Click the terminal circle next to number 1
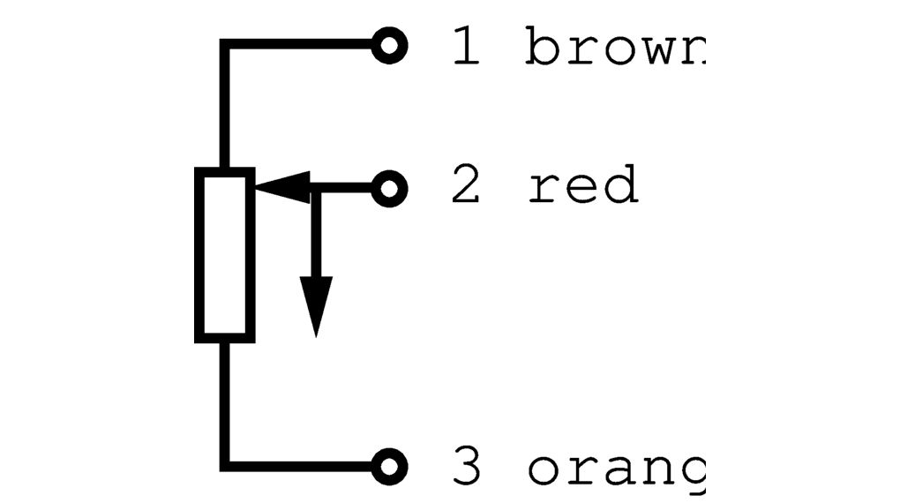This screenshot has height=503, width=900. click(x=389, y=45)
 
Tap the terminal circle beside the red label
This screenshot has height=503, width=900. click(x=389, y=188)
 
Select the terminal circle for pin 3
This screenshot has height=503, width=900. click(x=389, y=464)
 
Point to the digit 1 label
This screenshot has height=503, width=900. click(x=466, y=47)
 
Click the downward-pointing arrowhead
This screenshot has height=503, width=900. click(x=315, y=304)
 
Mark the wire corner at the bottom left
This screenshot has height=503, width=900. click(x=225, y=464)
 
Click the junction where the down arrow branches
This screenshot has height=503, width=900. click(x=315, y=188)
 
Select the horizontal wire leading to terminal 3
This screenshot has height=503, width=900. click(x=300, y=464)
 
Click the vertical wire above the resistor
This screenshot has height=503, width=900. click(x=225, y=106)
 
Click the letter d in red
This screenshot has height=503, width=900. click(x=621, y=186)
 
